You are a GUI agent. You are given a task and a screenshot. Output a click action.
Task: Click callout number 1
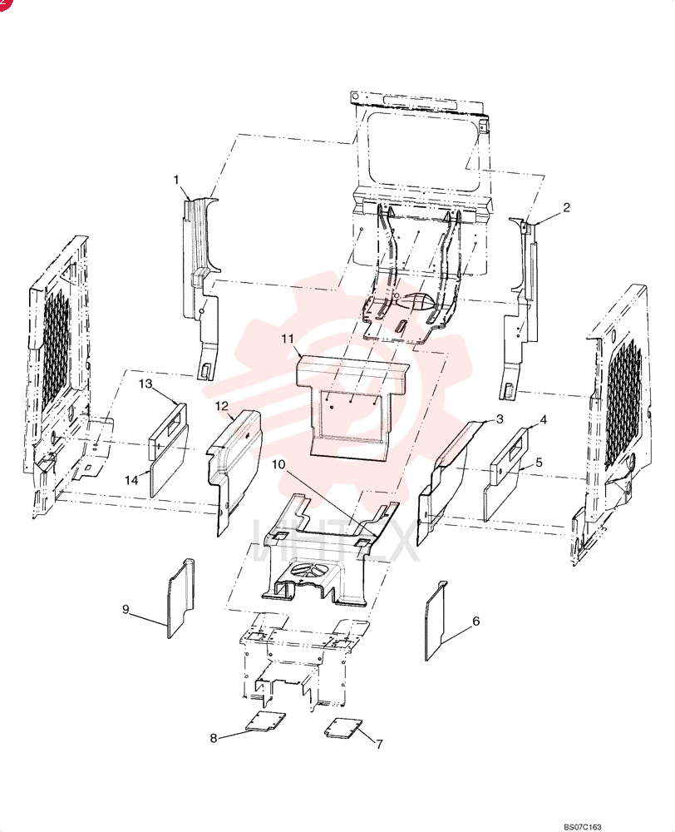176,181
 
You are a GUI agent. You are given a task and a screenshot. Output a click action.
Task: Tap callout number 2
566,207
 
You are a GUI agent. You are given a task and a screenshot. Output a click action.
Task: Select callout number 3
500,419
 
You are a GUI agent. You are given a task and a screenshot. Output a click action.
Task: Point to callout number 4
543,420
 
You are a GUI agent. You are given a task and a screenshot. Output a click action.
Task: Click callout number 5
539,462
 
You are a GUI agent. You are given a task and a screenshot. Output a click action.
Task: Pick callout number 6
475,621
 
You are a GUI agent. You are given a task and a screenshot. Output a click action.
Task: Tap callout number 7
379,745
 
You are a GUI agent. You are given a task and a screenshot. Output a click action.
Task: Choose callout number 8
213,738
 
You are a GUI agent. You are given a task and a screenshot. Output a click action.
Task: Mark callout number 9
126,609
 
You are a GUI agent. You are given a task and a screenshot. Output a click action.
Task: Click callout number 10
278,465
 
